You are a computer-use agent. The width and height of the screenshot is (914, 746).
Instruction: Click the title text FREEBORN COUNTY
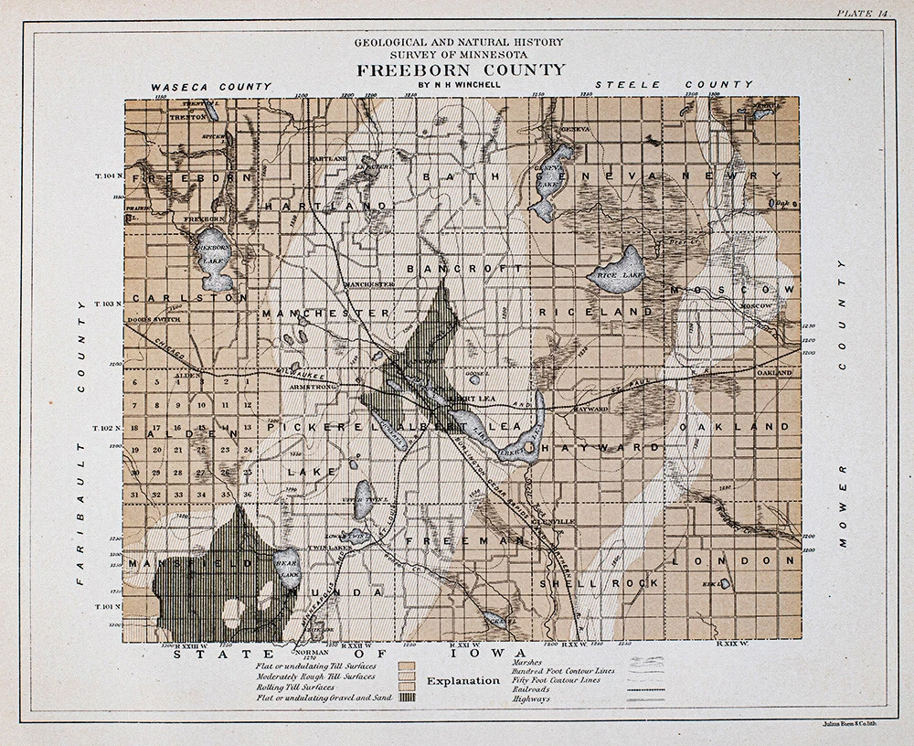pos(461,70)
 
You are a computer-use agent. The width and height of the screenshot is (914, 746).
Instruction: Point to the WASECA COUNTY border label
pos(212,86)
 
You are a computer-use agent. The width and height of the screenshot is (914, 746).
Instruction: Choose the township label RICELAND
pos(596,312)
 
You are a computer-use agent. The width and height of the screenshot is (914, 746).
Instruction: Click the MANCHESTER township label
pos(326,314)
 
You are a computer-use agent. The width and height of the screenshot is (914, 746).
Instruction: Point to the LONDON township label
pos(734,560)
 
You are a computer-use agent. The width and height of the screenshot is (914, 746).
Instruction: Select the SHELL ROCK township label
pos(599,582)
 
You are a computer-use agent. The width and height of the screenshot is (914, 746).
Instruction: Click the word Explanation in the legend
pos(463,681)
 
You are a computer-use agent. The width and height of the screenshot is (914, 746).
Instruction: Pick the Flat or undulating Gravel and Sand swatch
pos(408,698)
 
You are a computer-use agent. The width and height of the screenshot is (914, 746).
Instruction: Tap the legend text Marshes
pos(528,662)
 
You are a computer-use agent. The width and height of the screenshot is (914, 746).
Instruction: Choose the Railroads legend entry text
pos(533,689)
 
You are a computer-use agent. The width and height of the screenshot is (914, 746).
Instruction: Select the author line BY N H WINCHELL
pos(461,86)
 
